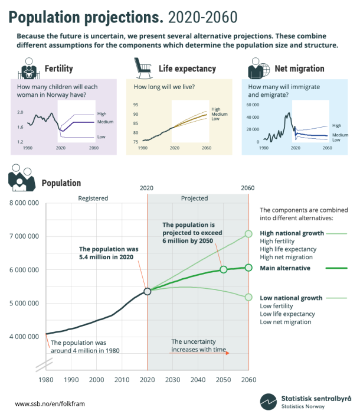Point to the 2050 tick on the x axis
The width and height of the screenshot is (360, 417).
(x=223, y=379)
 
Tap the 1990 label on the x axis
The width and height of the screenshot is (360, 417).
(x=71, y=379)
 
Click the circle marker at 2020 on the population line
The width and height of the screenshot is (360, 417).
(x=147, y=291)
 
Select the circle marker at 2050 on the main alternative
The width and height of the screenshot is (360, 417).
(x=223, y=269)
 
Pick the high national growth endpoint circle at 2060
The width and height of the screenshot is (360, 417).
(x=248, y=233)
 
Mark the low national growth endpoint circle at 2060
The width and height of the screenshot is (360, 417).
(x=248, y=297)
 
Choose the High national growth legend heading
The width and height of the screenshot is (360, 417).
(x=292, y=233)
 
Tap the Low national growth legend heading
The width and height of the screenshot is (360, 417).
(x=291, y=298)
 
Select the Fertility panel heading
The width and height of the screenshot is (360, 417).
(x=58, y=69)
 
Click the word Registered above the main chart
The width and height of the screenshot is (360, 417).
(x=93, y=198)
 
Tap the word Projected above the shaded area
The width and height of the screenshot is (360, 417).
(x=194, y=198)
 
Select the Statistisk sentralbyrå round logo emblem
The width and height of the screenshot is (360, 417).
(x=269, y=401)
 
